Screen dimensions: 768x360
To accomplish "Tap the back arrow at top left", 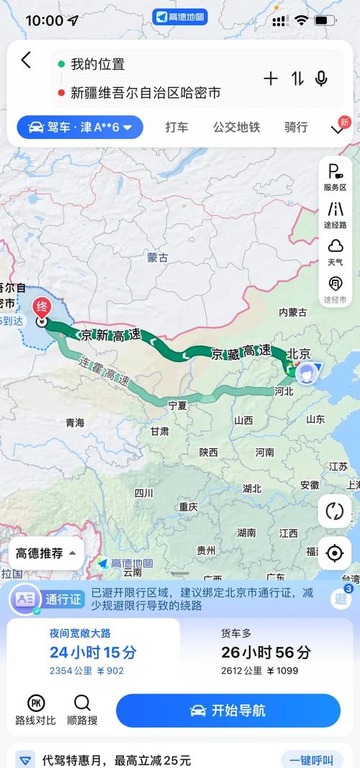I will (x=27, y=61).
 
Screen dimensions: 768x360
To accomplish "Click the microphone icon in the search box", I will (x=321, y=79).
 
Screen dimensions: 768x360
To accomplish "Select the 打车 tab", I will (x=176, y=128).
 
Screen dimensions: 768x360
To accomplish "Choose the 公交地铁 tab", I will (x=236, y=128).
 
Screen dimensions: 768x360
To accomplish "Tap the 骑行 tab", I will (x=296, y=128).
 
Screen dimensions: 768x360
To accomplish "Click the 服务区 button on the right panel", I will (x=335, y=177).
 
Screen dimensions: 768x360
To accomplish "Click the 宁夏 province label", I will (x=177, y=406).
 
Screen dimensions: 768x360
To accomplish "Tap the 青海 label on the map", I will (x=75, y=422).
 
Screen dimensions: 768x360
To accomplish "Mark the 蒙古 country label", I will (x=157, y=257).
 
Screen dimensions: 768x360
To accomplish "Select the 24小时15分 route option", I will (x=93, y=652).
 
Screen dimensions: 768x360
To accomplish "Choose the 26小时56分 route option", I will (x=266, y=652).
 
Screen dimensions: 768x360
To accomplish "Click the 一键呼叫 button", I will (x=311, y=760).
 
